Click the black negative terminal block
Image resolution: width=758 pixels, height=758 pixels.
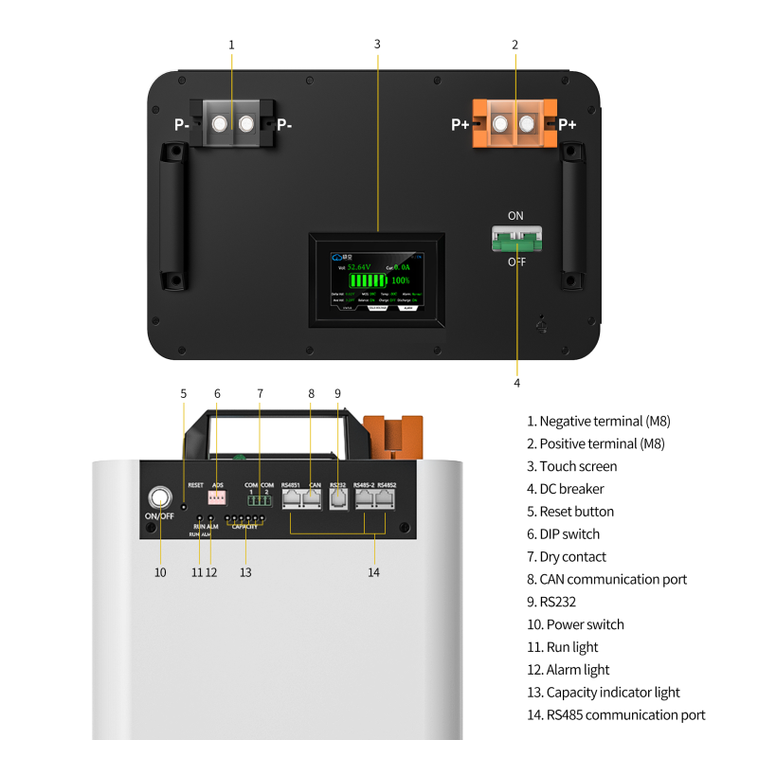(x=233, y=123)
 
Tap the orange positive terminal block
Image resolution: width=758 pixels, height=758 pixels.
(x=514, y=124)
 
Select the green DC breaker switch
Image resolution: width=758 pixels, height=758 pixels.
(x=515, y=239)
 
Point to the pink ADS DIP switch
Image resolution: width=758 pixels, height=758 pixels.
(x=217, y=499)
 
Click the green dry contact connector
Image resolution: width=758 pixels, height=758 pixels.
(x=259, y=501)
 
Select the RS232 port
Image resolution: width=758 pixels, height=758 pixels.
(x=338, y=499)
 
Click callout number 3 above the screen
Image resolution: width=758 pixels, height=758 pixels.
(x=377, y=45)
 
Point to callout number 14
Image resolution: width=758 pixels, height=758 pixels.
(x=374, y=572)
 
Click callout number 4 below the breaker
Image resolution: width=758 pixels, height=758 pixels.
(x=516, y=383)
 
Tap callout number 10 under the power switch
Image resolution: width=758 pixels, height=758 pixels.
(x=159, y=572)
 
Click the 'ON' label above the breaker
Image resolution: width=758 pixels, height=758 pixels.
(x=515, y=216)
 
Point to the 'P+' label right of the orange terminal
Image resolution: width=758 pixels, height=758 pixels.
(x=567, y=124)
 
